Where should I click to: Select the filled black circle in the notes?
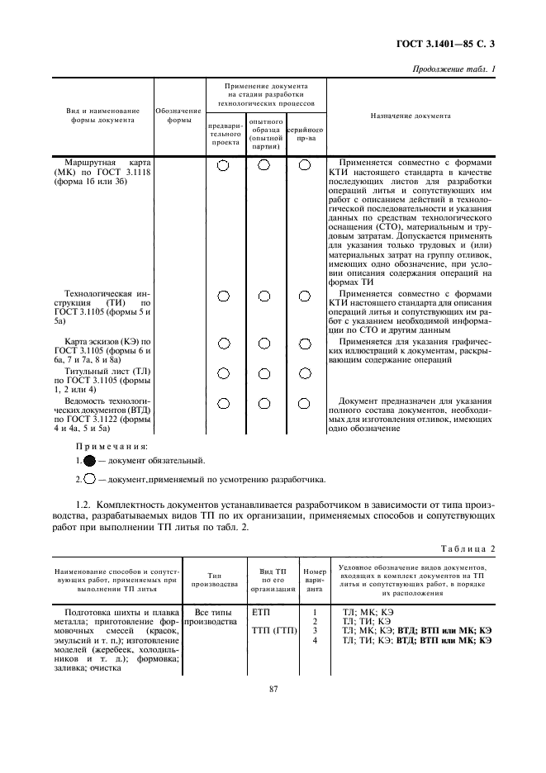[x=89, y=461]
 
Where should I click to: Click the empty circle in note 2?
[x=89, y=480]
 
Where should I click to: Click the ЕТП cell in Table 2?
[x=260, y=613]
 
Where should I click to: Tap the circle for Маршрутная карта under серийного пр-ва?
[x=305, y=165]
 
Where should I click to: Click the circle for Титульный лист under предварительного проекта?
[x=224, y=374]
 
